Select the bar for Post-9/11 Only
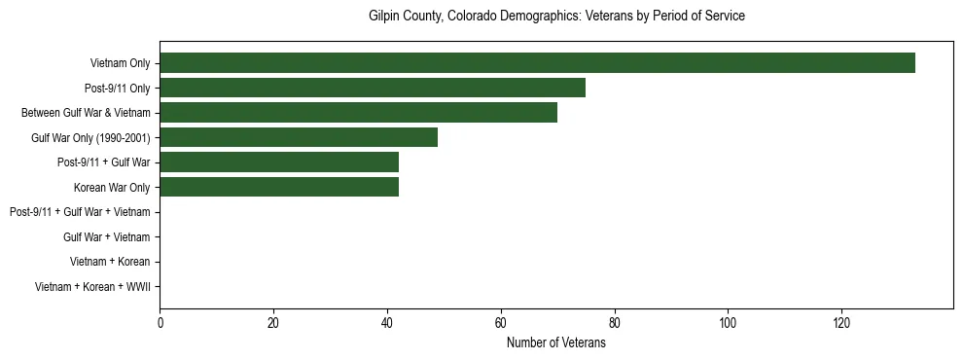pos(373,88)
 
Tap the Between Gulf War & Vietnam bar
pos(358,113)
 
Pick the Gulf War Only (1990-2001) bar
pos(299,137)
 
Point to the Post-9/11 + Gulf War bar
pos(279,162)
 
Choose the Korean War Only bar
pos(279,187)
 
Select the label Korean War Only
pos(112,188)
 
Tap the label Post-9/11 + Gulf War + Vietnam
pos(80,212)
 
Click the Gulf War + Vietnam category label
pos(106,237)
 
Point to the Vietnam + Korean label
pos(110,262)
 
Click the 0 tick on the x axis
pos(160,325)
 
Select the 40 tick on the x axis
pos(387,325)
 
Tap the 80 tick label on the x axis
pos(614,325)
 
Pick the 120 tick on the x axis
pos(841,325)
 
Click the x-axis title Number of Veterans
pos(556,343)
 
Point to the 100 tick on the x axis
pos(728,325)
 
